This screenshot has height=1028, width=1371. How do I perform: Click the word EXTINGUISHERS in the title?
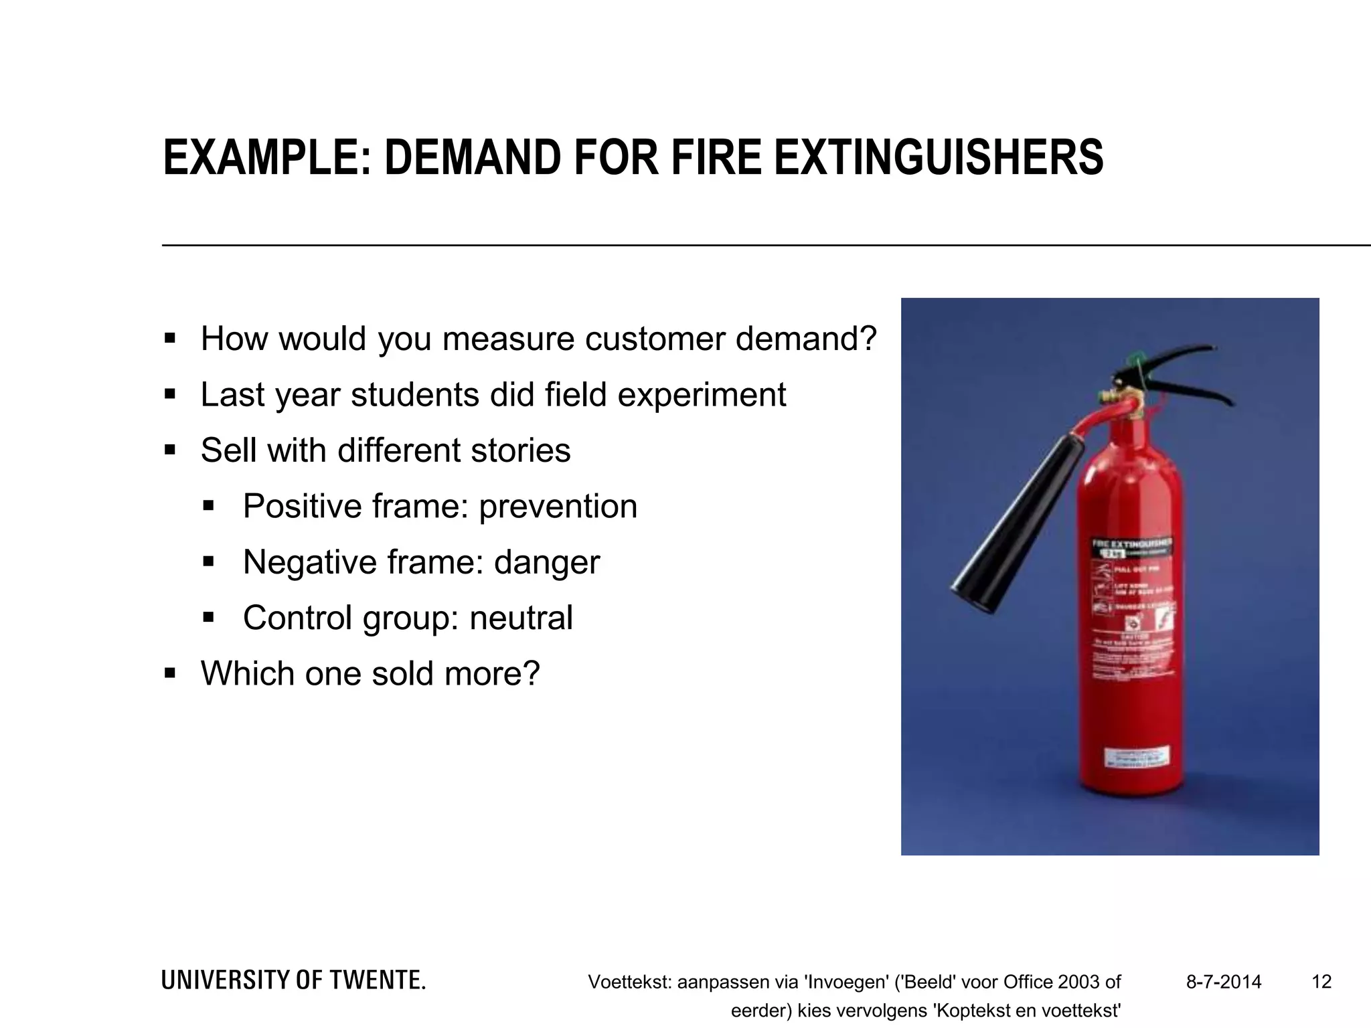(939, 158)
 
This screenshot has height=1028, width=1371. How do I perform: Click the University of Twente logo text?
(293, 980)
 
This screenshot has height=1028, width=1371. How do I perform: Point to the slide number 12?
(1321, 982)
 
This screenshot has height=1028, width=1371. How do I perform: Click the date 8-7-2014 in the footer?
(1224, 982)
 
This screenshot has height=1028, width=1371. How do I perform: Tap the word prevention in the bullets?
(558, 506)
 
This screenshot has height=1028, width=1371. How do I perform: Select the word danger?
(546, 562)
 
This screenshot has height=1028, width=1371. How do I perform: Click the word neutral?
(521, 618)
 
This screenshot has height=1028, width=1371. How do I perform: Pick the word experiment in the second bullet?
(701, 395)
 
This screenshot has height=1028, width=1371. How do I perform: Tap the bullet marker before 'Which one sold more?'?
(170, 673)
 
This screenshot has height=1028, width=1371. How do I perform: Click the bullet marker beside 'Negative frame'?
(208, 562)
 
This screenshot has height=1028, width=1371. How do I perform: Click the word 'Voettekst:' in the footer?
(629, 982)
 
